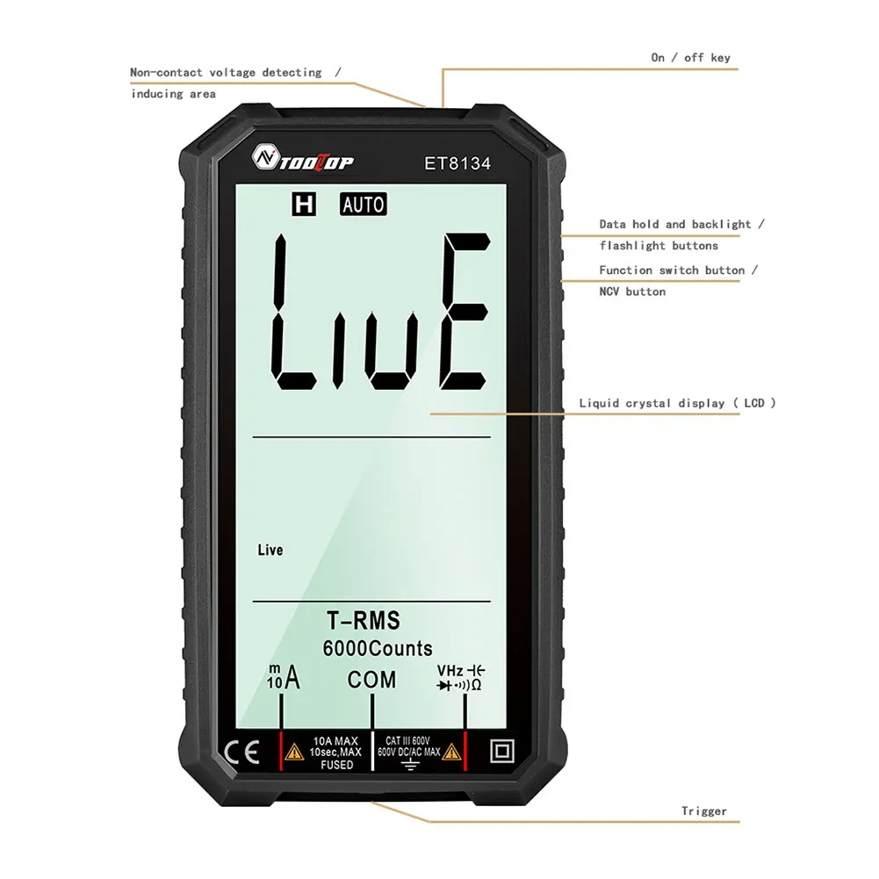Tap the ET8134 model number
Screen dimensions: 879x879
(458, 162)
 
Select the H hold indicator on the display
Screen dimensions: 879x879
(305, 205)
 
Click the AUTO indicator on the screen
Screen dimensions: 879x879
(363, 205)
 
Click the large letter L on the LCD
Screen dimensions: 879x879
(295, 312)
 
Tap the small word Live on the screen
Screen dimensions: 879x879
(270, 551)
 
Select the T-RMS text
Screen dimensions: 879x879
(364, 622)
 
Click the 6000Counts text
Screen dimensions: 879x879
(378, 649)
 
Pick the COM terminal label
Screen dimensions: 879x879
(371, 680)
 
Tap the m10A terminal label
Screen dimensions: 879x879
(283, 678)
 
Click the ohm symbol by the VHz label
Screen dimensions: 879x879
(477, 685)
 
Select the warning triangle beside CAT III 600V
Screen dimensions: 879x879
(451, 752)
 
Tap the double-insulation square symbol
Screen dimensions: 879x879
(502, 753)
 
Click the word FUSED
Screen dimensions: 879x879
(336, 765)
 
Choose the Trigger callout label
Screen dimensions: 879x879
(704, 811)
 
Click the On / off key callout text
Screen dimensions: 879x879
(690, 58)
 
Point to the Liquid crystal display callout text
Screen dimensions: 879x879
(677, 403)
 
